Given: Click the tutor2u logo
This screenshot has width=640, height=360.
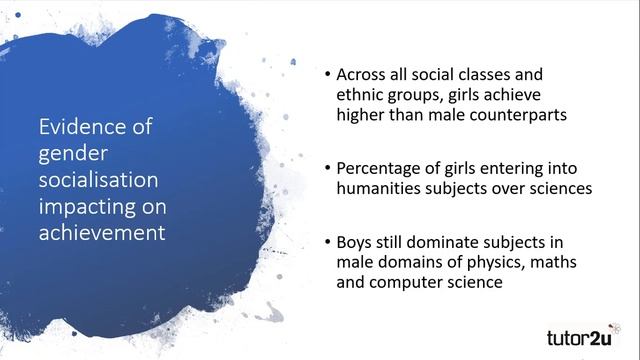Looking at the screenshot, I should click(x=584, y=334).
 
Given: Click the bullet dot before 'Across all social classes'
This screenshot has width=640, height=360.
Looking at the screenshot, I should click(x=327, y=75).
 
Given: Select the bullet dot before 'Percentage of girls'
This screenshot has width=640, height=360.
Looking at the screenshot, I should click(x=327, y=168).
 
